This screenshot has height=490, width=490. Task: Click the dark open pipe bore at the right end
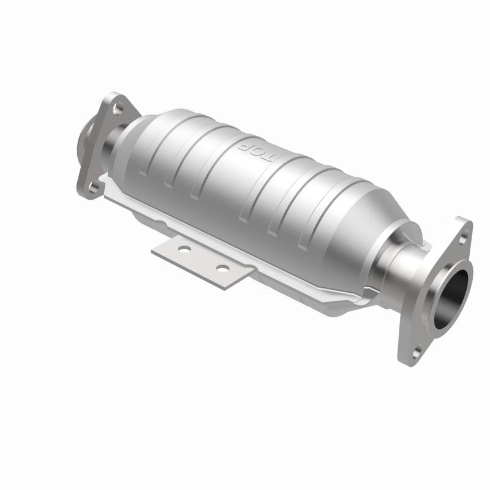(453, 293)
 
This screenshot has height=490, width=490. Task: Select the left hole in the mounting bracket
(181, 249)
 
